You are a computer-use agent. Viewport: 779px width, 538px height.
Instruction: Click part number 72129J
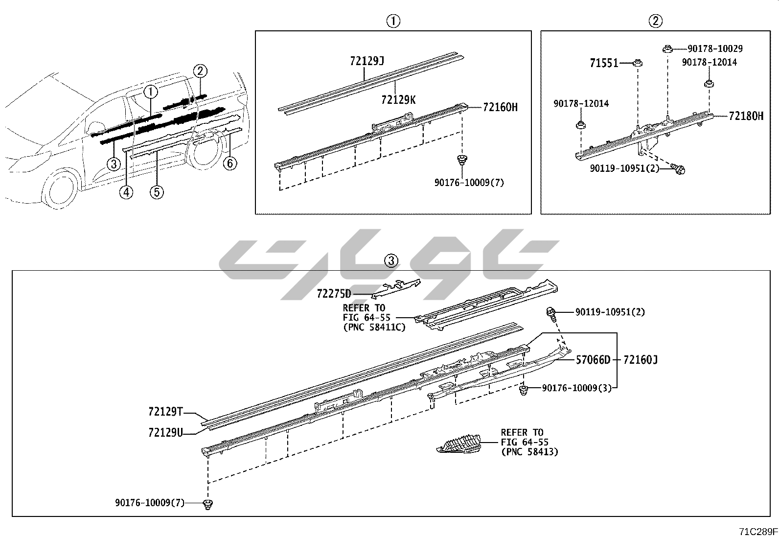(367, 61)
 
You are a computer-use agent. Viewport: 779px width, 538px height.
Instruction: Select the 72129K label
(398, 100)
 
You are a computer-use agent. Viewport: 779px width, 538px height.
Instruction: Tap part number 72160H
(500, 107)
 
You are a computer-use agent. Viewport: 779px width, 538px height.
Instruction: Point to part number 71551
(604, 63)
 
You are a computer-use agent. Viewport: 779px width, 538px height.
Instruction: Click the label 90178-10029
(715, 48)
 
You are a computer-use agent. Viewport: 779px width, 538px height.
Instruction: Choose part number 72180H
(746, 116)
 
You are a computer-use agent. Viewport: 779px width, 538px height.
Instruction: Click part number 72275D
(334, 294)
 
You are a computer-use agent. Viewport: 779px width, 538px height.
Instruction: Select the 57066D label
(593, 360)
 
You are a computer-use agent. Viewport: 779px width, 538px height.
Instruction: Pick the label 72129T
(165, 412)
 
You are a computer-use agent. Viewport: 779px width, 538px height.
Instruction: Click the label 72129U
(165, 433)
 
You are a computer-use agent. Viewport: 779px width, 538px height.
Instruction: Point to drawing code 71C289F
(758, 531)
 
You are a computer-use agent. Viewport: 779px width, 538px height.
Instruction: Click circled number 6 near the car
(230, 163)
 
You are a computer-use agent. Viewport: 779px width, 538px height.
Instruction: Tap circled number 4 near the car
(126, 192)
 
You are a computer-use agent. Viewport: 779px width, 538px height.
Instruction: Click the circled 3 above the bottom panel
(391, 261)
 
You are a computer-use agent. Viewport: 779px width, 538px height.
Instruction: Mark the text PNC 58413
(529, 452)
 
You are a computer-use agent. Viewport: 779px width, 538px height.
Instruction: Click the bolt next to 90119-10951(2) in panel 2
(679, 169)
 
